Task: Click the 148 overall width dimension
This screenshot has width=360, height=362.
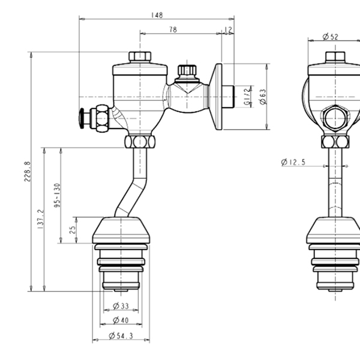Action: [x=158, y=15]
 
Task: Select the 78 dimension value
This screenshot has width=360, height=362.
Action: [x=172, y=29]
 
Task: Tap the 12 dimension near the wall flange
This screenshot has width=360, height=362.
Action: [x=229, y=29]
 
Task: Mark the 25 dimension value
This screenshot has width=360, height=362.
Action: [x=73, y=231]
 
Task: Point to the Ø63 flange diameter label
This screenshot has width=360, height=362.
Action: [x=262, y=96]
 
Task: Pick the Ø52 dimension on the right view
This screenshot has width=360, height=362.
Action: [x=330, y=37]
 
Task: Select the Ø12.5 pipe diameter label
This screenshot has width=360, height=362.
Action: [x=293, y=162]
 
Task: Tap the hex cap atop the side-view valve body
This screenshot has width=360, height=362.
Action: [x=140, y=57]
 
